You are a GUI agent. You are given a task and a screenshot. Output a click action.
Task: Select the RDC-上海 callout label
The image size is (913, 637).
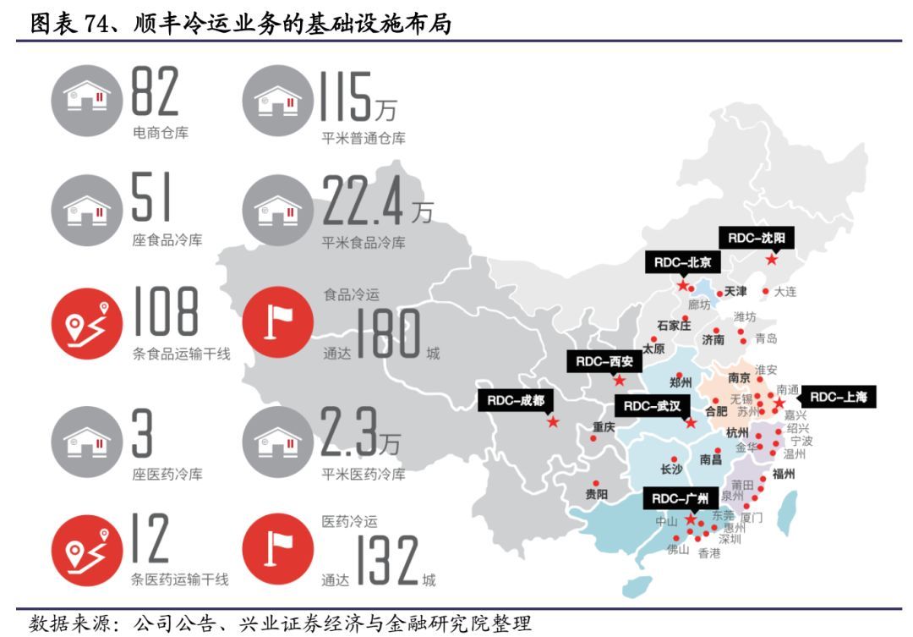point(839,396)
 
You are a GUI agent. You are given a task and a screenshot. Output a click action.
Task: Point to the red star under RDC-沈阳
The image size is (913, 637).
point(771,260)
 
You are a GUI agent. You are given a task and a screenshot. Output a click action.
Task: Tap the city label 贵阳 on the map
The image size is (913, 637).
point(596,493)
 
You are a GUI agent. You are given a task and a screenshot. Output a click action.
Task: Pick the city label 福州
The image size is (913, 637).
point(784,474)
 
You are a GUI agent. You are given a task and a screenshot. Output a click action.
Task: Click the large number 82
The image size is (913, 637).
point(155,92)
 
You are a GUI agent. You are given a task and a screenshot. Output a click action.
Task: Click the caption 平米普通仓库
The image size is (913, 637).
point(364,138)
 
